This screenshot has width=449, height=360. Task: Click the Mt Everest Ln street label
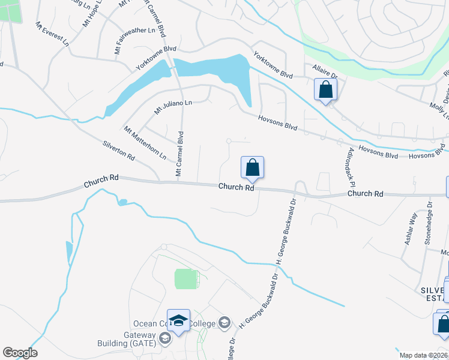pos(52,35)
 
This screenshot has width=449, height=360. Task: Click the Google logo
pos(20,353)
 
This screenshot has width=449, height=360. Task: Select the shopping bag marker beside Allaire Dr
pos(325,91)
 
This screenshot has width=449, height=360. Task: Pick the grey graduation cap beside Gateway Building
pos(165,338)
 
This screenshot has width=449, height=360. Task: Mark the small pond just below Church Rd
pos(122,202)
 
